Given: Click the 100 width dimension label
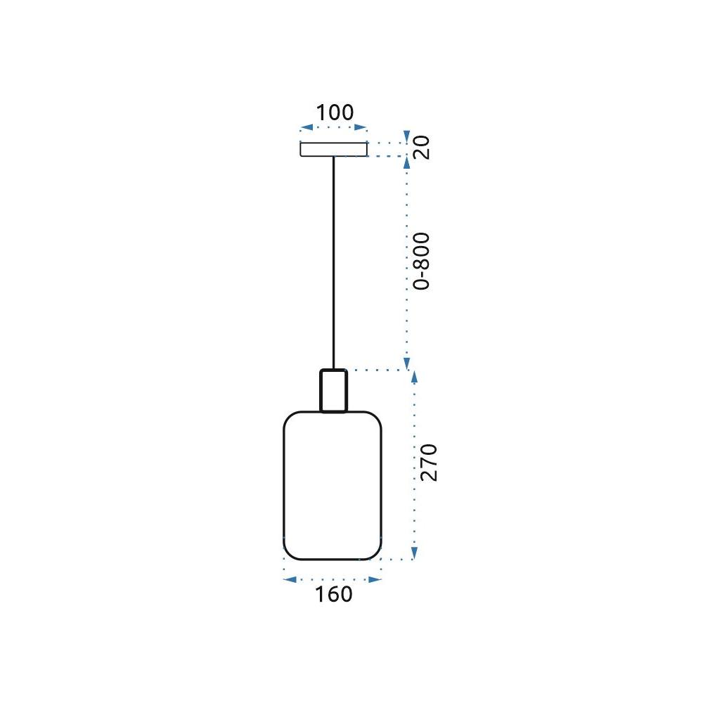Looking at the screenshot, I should [334, 112].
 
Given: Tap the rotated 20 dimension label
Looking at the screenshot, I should [421, 148].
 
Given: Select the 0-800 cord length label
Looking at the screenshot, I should [421, 261].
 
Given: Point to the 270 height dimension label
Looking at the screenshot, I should [428, 462].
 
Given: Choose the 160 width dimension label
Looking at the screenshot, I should [333, 594].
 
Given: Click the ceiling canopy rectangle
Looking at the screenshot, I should [334, 149].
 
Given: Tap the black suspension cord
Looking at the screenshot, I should [335, 260].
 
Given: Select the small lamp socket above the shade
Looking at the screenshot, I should [333, 391].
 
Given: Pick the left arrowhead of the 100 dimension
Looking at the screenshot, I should [305, 128].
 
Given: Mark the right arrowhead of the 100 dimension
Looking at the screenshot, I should [362, 128].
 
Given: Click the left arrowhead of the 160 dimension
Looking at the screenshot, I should [288, 579].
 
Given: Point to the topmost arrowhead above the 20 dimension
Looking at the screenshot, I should [406, 135].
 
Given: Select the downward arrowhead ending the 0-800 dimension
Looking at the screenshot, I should [406, 364].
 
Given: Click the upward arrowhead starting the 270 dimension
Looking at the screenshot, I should [414, 376].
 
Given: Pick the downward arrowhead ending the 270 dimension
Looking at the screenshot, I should [414, 553].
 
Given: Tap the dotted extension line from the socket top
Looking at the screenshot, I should [376, 370].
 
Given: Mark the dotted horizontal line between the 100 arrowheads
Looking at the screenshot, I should [334, 128].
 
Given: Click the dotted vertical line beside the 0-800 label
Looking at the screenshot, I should [406, 260].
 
